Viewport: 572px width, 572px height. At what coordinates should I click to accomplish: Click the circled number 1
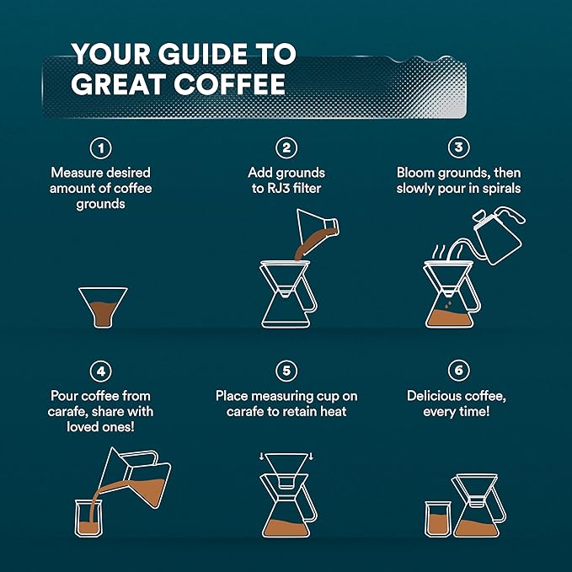[x=101, y=148]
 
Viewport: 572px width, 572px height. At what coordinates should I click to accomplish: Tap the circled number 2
[x=286, y=148]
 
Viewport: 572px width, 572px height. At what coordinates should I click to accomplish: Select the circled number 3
[x=458, y=148]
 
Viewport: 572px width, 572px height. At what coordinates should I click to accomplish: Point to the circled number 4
[x=101, y=371]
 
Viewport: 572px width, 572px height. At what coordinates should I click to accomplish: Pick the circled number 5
[x=286, y=371]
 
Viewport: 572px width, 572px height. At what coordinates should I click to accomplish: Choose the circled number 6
[x=458, y=371]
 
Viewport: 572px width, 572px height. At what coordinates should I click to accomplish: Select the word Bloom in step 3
[x=416, y=173]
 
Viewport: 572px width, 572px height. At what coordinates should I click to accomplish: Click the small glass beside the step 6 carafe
[x=438, y=519]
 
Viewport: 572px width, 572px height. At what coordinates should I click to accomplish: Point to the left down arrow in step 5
[x=262, y=457]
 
